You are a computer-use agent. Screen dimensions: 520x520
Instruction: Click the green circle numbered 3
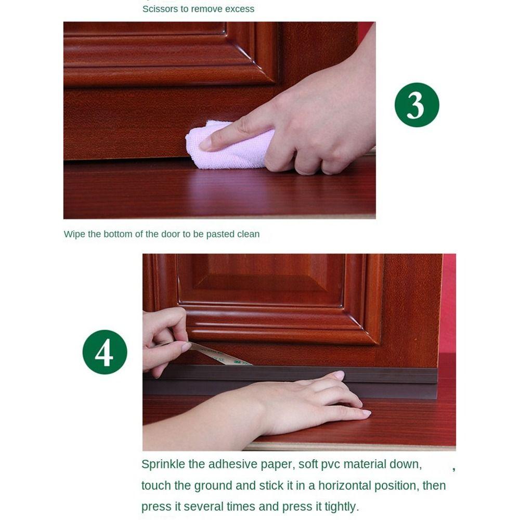click(x=417, y=105)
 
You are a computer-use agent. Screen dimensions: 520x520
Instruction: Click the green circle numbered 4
click(x=105, y=352)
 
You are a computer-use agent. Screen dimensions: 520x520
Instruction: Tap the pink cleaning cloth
click(x=229, y=146)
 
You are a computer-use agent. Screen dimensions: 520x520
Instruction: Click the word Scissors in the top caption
click(x=160, y=9)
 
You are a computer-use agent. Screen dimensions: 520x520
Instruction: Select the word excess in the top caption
click(x=240, y=9)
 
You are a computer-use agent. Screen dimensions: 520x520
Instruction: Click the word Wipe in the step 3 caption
click(x=74, y=234)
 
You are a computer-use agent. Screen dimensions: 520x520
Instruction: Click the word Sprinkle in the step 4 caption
click(x=163, y=464)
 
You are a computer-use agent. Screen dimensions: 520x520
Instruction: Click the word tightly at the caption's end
click(x=341, y=506)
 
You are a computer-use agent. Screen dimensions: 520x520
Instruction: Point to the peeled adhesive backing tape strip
click(x=220, y=355)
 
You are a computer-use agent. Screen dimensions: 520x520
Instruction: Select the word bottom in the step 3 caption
click(x=117, y=234)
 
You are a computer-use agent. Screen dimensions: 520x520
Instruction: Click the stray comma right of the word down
click(x=453, y=469)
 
